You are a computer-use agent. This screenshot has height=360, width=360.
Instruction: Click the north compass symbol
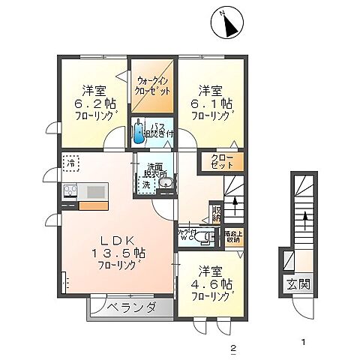[229, 25]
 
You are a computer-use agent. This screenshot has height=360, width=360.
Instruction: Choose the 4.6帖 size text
[216, 285]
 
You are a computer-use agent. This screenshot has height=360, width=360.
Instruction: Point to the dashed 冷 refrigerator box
[70, 162]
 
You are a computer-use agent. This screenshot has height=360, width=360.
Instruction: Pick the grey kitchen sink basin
[95, 192]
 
